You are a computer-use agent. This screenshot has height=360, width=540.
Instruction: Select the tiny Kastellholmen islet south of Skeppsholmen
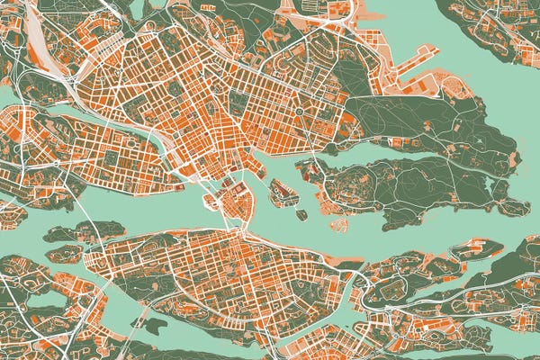(x=300, y=214)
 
